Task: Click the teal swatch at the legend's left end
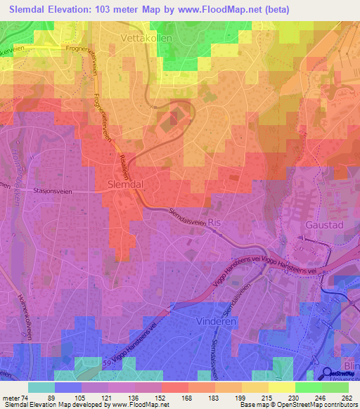[41, 387]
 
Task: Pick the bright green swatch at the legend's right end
[334, 387]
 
